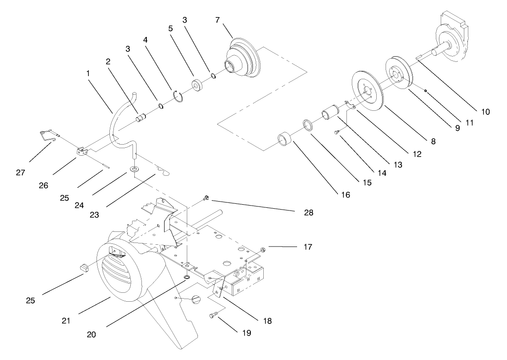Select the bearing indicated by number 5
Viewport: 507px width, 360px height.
point(197,85)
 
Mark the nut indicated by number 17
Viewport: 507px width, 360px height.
point(263,249)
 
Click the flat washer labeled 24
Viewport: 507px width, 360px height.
point(134,170)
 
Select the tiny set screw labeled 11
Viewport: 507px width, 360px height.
point(426,91)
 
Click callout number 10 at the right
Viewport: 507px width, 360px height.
point(486,112)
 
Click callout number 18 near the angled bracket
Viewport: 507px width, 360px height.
point(267,320)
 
